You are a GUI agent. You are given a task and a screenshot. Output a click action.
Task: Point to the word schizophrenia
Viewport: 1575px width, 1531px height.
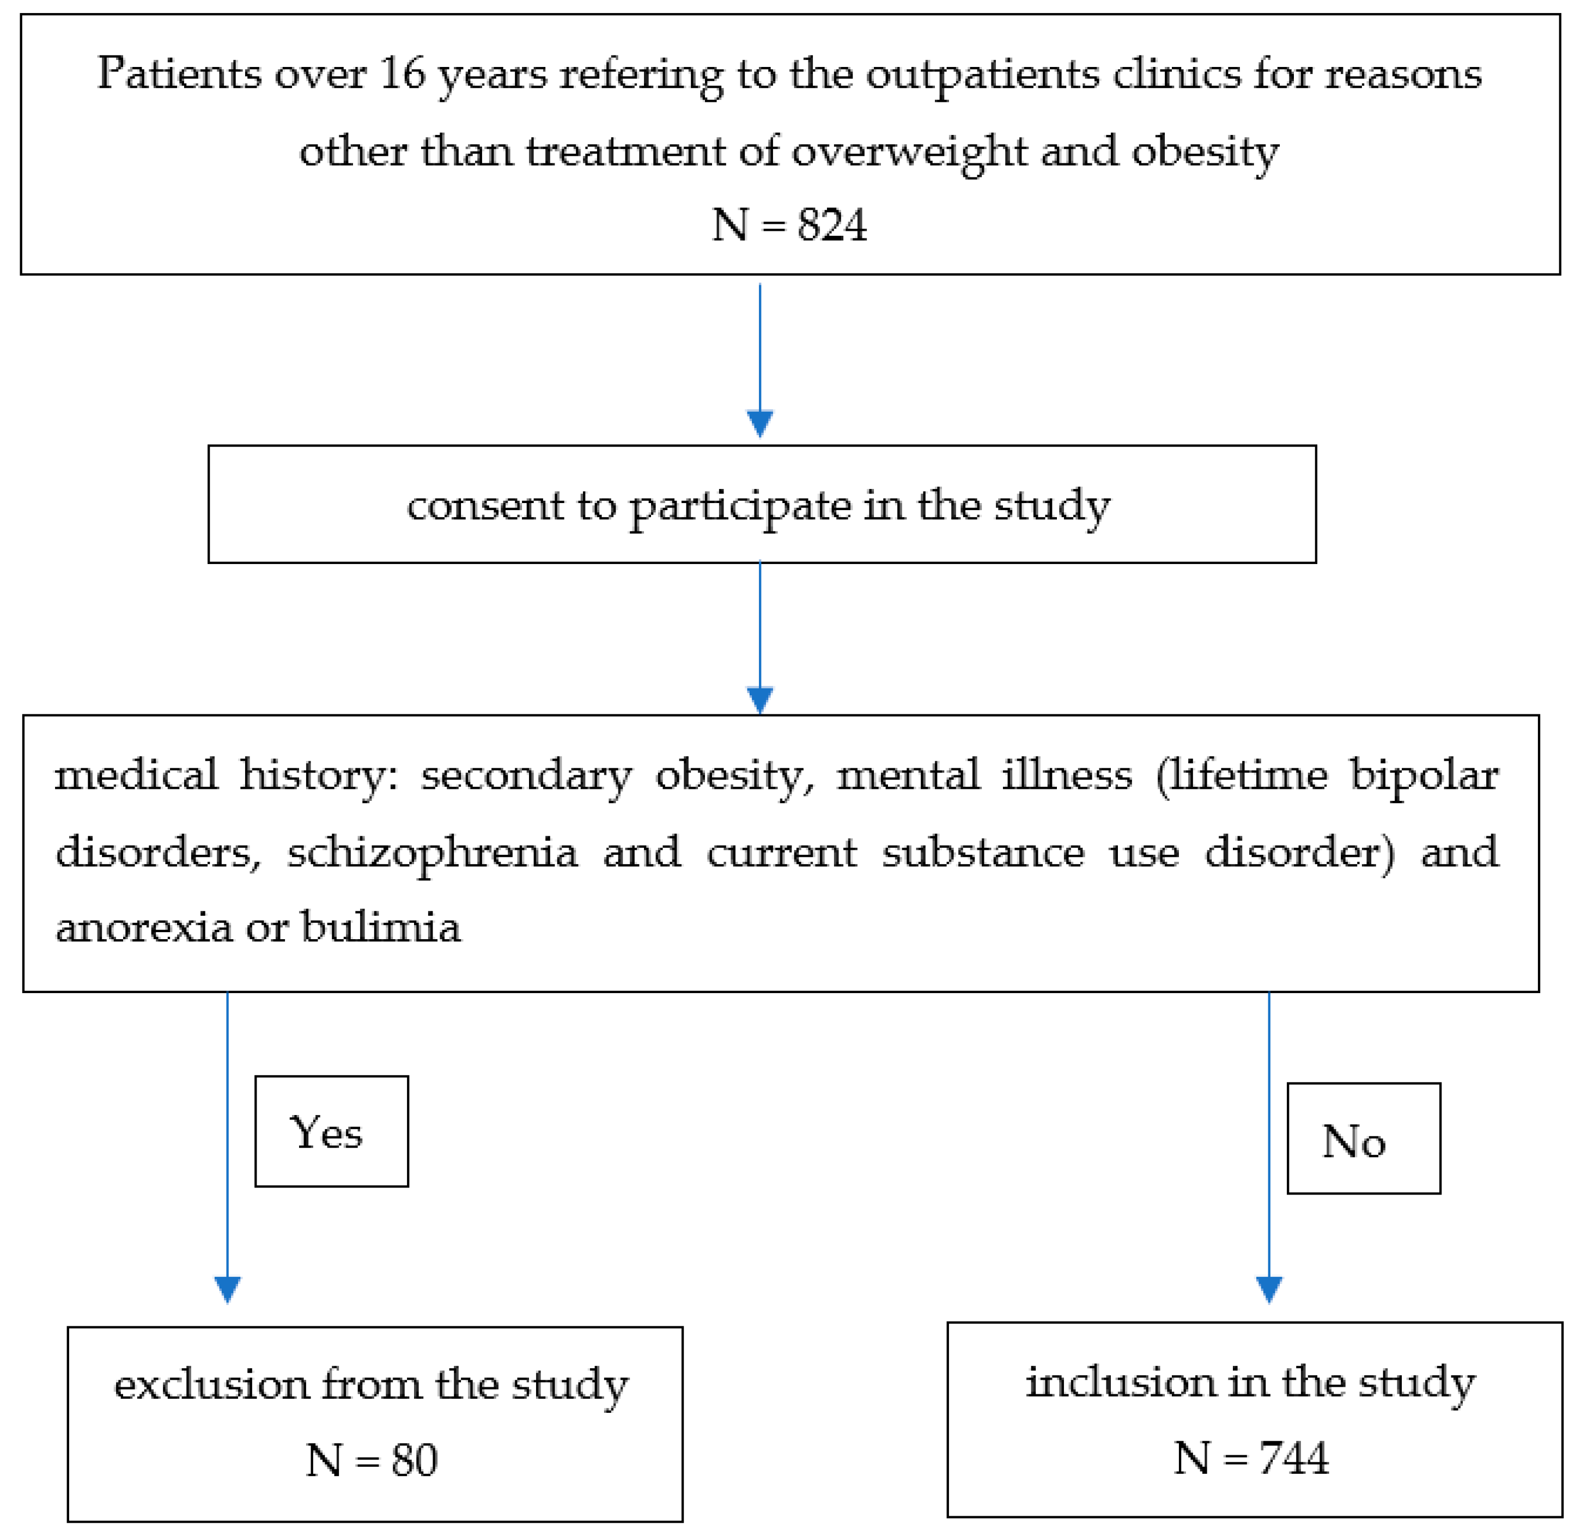click(432, 853)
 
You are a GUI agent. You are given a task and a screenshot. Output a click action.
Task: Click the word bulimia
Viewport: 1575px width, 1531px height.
click(380, 927)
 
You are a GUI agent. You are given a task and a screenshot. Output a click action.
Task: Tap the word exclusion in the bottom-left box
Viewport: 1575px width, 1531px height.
click(211, 1385)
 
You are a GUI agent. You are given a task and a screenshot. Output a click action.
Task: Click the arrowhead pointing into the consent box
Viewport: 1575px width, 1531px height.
click(760, 423)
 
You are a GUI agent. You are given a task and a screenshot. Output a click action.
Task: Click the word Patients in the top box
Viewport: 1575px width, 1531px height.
click(179, 74)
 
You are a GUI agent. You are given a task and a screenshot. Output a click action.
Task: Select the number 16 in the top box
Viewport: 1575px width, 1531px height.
click(402, 74)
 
